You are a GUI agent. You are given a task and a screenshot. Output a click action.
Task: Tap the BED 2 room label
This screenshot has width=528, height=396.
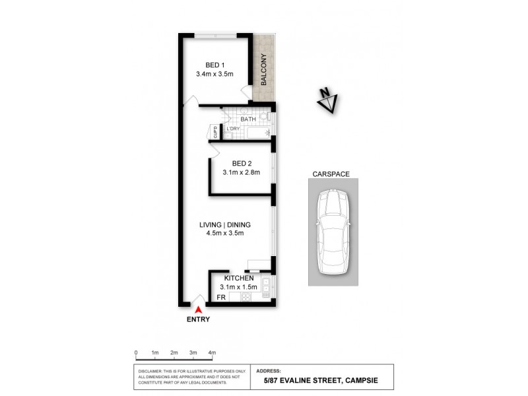[x=242, y=163]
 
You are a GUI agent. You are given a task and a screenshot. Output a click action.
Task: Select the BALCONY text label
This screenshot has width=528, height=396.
[x=263, y=69]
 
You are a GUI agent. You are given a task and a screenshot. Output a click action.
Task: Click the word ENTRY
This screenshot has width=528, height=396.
[x=197, y=319]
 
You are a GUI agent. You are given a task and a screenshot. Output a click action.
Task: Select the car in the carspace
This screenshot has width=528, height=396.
[x=333, y=232]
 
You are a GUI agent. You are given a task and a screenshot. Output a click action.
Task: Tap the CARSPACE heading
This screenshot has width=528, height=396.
[x=331, y=174]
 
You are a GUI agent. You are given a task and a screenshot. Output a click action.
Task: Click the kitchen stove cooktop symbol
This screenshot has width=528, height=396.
[x=246, y=297]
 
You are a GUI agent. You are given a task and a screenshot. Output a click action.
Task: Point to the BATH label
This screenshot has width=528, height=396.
[x=248, y=119]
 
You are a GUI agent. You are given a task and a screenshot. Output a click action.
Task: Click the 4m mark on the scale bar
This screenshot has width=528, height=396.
[x=212, y=353]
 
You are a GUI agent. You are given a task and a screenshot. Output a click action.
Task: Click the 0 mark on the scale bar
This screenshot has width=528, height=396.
[x=135, y=353]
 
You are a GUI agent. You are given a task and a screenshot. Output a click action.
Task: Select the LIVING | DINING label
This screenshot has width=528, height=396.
[x=225, y=224]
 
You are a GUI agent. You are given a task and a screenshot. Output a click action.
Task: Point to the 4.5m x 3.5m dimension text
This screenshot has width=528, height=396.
[x=225, y=233]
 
